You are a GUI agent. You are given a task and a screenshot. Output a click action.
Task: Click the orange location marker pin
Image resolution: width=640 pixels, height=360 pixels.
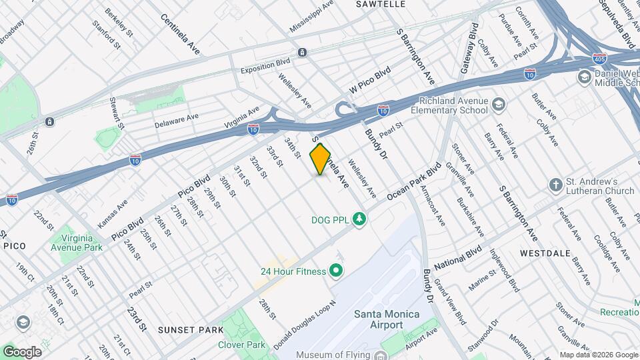pyautogui.click(x=321, y=159)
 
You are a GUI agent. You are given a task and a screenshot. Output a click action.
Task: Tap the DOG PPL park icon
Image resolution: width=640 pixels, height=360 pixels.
pyautogui.click(x=360, y=219)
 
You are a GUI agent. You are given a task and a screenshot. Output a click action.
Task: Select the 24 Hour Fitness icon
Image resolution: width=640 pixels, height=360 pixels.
pyautogui.click(x=336, y=271)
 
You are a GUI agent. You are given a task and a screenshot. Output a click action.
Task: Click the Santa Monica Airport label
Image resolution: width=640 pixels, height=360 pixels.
pyautogui.click(x=378, y=319)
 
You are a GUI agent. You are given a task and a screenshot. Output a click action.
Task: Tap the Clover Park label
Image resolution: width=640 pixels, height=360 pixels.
pyautogui.click(x=241, y=345)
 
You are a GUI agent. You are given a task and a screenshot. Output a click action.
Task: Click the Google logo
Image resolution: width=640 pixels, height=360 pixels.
pyautogui.click(x=22, y=351)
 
